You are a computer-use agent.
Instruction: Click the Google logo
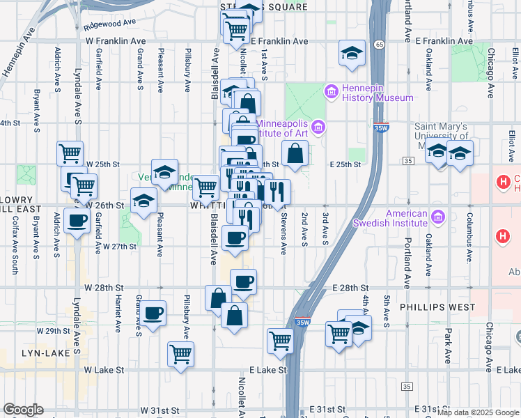click(23, 410)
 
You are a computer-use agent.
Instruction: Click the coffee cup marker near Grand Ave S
click(154, 313)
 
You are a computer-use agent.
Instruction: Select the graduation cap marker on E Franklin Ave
click(352, 53)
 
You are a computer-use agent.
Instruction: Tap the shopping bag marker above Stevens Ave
click(295, 153)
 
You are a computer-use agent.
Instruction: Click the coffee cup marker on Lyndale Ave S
click(77, 221)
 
